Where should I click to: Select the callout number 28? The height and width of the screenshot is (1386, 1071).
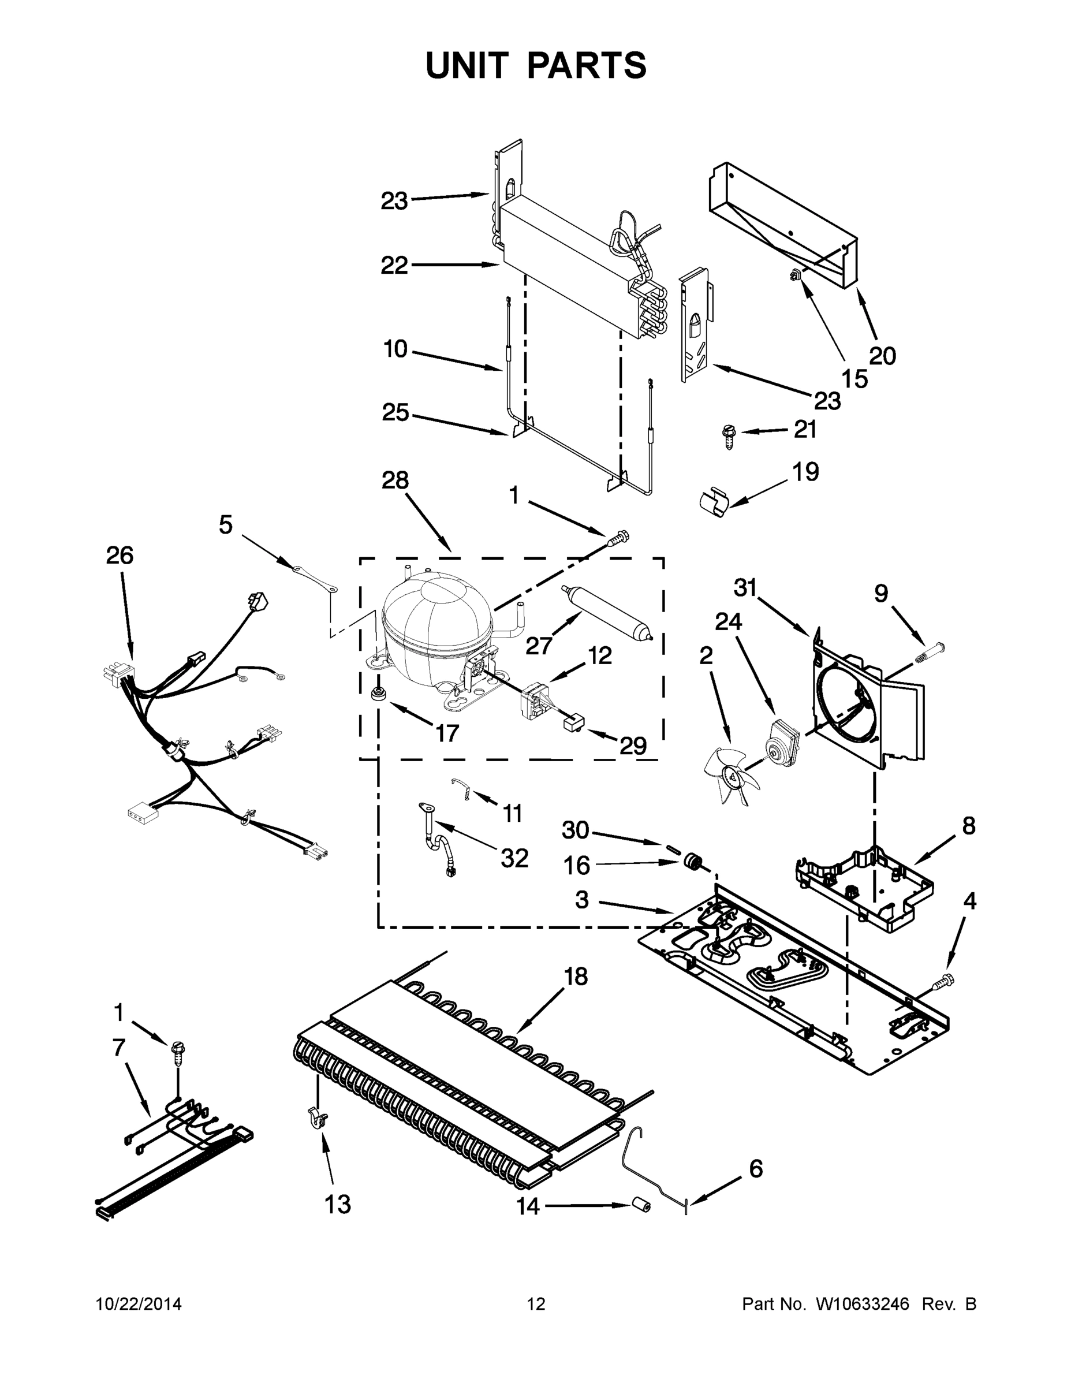click(x=395, y=480)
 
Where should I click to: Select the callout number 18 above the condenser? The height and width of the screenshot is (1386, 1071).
click(x=576, y=976)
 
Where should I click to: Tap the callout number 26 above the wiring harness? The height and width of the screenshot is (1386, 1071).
click(x=120, y=556)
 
